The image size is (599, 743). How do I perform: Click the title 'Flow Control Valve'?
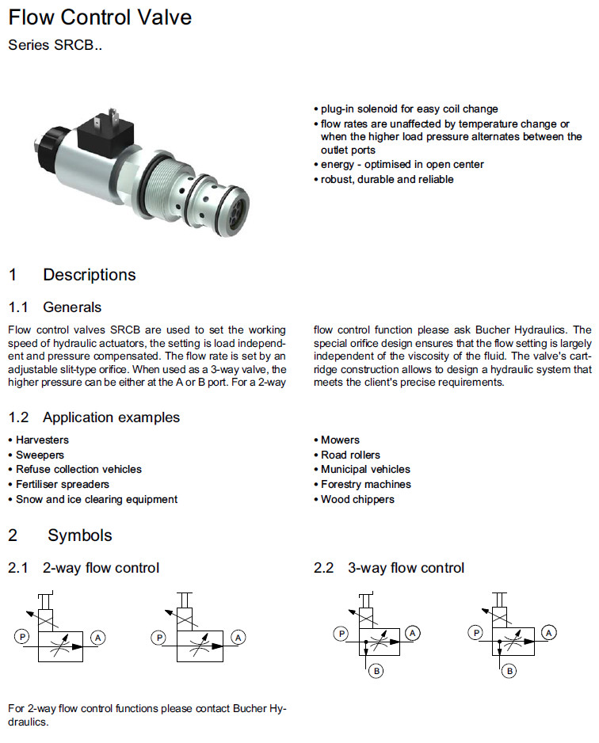pos(100,17)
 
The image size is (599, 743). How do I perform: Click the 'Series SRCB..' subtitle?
pos(55,45)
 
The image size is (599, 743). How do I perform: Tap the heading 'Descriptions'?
pos(89,275)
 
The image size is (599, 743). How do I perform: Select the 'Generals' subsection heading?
pos(72,307)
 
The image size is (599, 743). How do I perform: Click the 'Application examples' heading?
pos(111,417)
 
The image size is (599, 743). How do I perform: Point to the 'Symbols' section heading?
pos(79,535)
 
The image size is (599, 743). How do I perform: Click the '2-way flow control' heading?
pos(101,568)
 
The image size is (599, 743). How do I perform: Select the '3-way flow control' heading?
pos(406,568)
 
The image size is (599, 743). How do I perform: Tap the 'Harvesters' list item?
pos(42,440)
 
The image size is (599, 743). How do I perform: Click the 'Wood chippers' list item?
pos(357,500)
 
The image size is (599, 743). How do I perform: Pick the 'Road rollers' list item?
pos(350,455)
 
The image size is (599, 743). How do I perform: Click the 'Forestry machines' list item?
pos(365,485)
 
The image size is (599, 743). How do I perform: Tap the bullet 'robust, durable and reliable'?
pos(387,179)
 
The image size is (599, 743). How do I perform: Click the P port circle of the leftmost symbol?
pos(21,636)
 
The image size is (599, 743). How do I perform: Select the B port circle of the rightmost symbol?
pos(509,671)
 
